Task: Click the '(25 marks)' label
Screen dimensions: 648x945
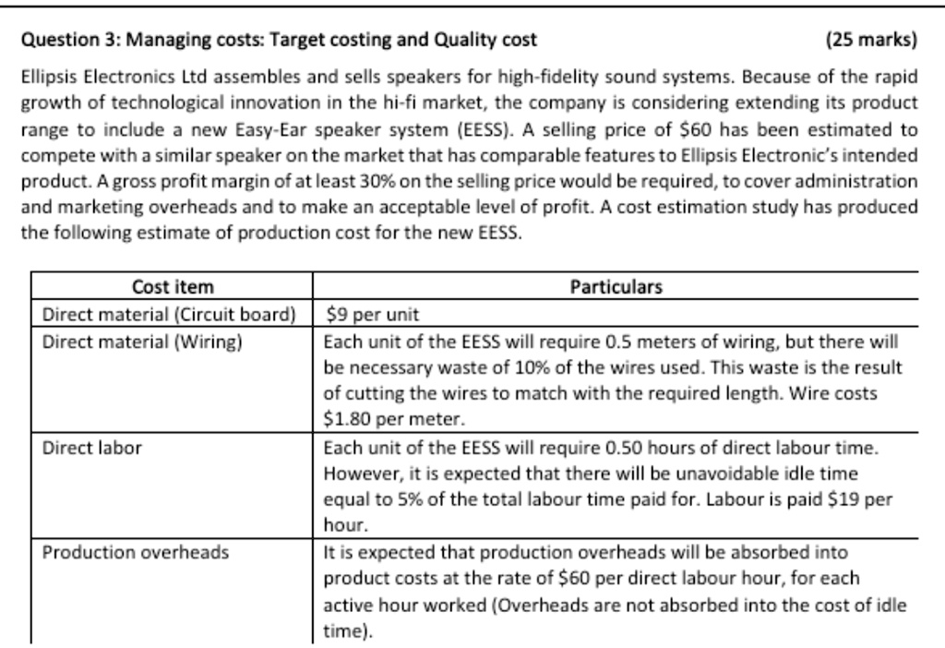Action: click(x=872, y=40)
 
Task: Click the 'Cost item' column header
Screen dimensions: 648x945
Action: click(x=173, y=287)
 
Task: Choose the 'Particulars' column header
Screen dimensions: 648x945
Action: click(x=616, y=287)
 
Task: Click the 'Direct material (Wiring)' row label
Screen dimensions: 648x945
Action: click(x=143, y=342)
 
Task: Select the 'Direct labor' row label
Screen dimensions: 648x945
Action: click(x=92, y=448)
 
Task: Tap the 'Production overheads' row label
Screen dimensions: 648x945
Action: click(x=136, y=552)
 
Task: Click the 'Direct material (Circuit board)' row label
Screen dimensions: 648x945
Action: click(x=170, y=314)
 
